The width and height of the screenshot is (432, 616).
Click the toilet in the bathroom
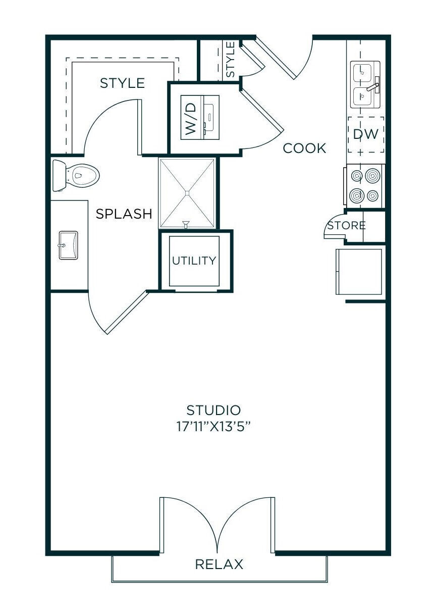click(x=76, y=175)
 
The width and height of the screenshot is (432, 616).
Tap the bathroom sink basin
click(x=68, y=245)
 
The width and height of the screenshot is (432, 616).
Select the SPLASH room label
click(x=124, y=214)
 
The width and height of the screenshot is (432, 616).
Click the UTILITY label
click(x=194, y=261)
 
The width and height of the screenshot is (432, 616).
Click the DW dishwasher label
click(x=365, y=134)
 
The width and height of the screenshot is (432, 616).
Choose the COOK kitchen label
click(x=304, y=148)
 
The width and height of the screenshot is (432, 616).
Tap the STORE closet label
click(x=346, y=225)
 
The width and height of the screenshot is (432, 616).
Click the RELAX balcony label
click(x=219, y=564)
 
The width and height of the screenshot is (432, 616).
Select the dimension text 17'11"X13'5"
click(x=213, y=427)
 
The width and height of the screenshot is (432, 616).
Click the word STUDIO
click(x=213, y=409)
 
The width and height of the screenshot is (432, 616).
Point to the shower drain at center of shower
click(x=187, y=192)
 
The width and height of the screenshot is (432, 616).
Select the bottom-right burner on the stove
click(x=373, y=195)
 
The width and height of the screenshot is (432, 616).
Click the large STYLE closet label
click(x=122, y=83)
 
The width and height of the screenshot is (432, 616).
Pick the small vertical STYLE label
click(x=230, y=60)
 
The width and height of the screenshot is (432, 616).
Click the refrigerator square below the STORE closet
click(x=359, y=271)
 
